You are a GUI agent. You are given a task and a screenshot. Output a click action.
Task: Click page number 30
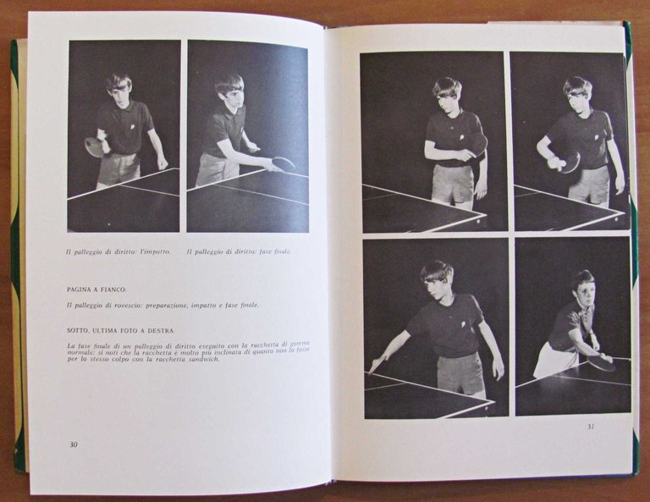coord(73,444)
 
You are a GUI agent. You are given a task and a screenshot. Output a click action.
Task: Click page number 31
coord(590,426)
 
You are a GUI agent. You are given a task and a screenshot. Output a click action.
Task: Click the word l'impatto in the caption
coord(155,251)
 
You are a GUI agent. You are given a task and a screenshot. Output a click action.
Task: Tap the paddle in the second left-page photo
coord(284,163)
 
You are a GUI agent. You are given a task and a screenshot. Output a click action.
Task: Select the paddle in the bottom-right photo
coord(602,363)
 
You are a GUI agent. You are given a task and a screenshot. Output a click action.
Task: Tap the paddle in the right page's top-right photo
coord(570,162)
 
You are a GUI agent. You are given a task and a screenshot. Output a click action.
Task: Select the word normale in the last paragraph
coord(82,352)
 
